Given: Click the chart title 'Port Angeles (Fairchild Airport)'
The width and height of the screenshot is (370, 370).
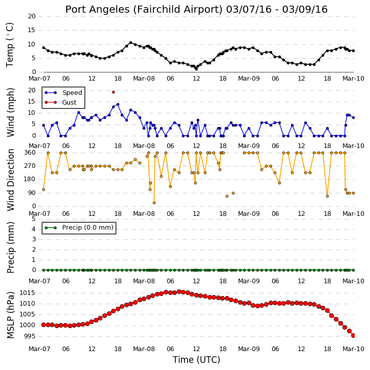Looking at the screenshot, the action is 144,10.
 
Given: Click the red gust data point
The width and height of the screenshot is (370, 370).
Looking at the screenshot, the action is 113,92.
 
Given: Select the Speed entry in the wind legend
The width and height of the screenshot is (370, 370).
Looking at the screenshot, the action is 63,92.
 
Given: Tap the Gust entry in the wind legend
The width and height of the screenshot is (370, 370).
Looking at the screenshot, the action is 61,102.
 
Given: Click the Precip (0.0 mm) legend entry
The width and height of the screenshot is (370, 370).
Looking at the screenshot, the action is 79,228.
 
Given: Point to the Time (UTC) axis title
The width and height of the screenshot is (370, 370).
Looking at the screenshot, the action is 196,360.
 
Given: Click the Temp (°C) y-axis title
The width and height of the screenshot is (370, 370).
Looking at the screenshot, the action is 10,45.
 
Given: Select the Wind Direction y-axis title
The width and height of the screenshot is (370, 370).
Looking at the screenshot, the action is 10,180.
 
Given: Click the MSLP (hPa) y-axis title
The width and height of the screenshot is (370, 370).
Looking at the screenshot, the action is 10,315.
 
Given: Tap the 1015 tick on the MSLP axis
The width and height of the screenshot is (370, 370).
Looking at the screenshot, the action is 27,293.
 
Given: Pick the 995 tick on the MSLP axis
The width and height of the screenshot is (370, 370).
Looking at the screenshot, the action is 29,336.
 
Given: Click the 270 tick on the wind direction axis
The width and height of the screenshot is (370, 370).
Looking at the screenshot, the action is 30,166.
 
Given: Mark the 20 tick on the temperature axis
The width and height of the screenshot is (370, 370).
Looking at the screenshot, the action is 32,16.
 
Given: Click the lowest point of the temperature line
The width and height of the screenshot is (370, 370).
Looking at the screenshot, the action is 196,69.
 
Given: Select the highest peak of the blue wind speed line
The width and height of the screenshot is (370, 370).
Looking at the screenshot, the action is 118,104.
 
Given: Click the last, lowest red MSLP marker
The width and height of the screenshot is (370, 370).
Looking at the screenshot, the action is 353,335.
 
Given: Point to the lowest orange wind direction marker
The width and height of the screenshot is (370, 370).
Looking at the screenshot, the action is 154,203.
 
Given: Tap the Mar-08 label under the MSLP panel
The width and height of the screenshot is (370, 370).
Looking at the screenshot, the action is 144,349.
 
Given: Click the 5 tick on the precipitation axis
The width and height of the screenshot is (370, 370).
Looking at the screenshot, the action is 34,219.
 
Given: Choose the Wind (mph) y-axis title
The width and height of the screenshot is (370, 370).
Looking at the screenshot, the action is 10,112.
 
